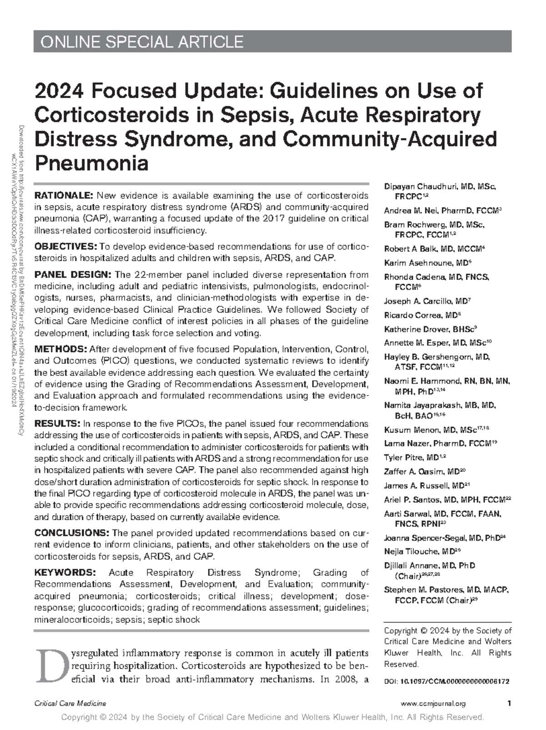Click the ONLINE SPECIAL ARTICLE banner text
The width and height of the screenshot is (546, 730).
pyautogui.click(x=142, y=42)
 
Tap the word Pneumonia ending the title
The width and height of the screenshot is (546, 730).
pyautogui.click(x=91, y=163)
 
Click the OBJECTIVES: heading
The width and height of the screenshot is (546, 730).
pyautogui.click(x=66, y=247)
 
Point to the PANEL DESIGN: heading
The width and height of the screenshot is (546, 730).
pyautogui.click(x=73, y=275)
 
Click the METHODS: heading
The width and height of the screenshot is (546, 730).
pyautogui.click(x=61, y=350)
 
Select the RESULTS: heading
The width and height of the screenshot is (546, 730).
pyautogui.click(x=57, y=424)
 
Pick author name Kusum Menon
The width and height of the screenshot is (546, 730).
pyautogui.click(x=409, y=430)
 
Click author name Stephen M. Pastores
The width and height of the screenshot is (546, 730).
pyautogui.click(x=423, y=590)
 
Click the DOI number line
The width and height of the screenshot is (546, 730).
pyautogui.click(x=446, y=682)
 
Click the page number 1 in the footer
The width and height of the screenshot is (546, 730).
pyautogui.click(x=508, y=704)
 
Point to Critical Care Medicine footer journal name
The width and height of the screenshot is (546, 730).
pyautogui.click(x=71, y=704)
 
